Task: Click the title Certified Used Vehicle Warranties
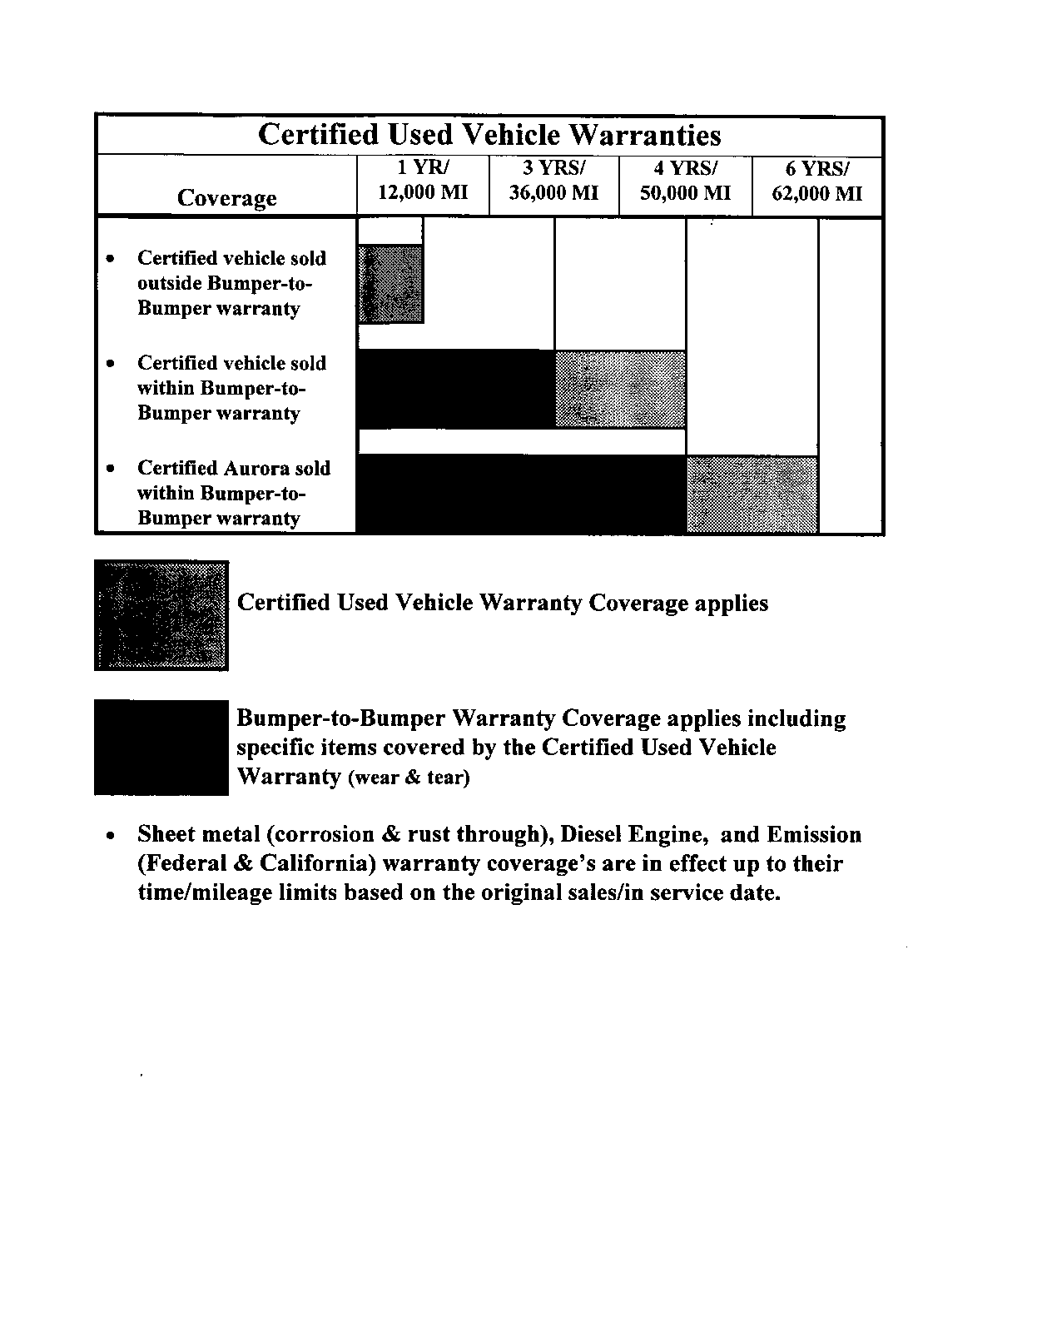click(x=489, y=135)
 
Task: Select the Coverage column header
click(x=226, y=198)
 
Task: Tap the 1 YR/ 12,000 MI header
click(x=423, y=181)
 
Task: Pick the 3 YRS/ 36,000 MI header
click(x=553, y=181)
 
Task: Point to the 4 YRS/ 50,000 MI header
click(x=685, y=181)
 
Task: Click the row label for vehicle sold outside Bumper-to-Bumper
click(x=231, y=283)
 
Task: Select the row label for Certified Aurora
click(x=233, y=493)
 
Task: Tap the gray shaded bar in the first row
click(x=390, y=284)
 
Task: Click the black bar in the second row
click(x=455, y=390)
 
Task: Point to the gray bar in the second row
click(x=620, y=390)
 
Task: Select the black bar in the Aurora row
click(x=521, y=494)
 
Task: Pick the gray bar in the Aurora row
click(x=752, y=494)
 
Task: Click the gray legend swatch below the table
click(x=161, y=615)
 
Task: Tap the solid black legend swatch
click(x=161, y=748)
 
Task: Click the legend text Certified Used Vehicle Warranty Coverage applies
click(x=502, y=603)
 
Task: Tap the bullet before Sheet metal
click(x=111, y=835)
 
